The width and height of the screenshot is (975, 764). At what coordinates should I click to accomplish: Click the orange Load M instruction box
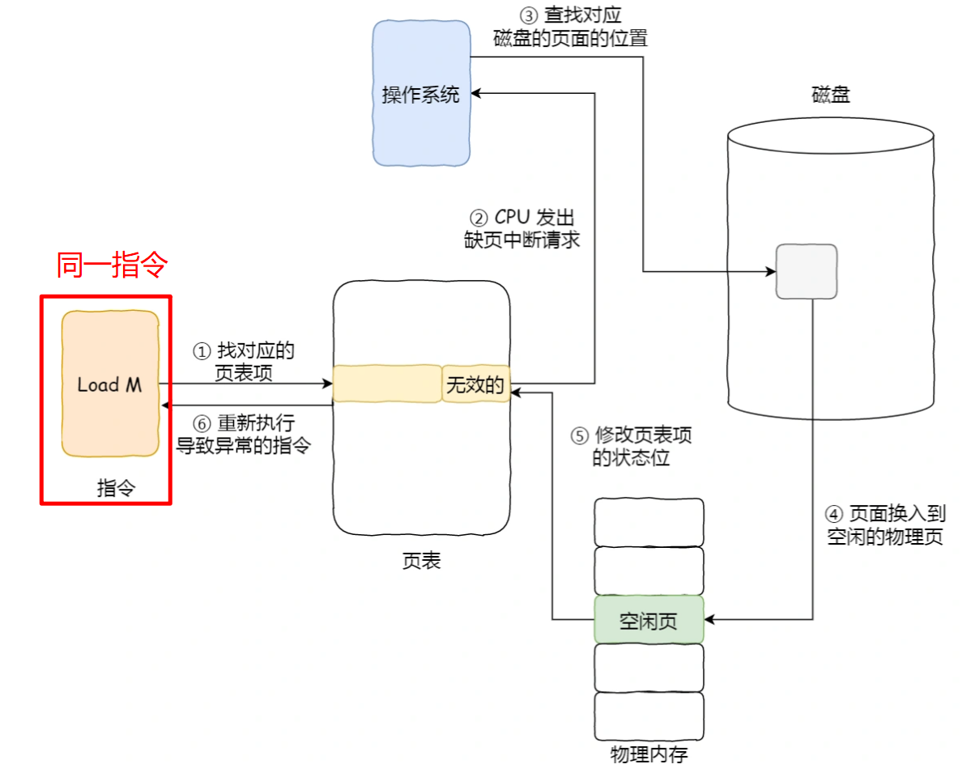pos(110,384)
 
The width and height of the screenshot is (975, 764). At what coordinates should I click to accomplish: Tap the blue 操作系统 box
pos(421,94)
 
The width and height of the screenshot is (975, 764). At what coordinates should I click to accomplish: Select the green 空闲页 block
pos(649,621)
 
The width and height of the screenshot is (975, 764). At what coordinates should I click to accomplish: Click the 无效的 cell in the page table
pos(475,385)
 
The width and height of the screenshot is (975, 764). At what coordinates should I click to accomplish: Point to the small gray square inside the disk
pos(806,270)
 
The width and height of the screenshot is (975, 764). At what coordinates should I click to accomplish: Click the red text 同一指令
pos(112,265)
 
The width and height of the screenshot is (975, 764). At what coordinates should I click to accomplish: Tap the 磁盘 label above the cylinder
pos(831,95)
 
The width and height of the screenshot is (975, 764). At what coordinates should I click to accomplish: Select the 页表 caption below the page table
pos(421,561)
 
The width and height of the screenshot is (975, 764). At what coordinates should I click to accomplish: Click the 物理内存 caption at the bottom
pos(649,754)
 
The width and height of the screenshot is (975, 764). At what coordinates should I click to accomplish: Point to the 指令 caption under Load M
pos(116,488)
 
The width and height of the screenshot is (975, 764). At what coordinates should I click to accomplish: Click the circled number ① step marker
pos(201,352)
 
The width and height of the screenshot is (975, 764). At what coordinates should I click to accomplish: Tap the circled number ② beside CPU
pos(479,219)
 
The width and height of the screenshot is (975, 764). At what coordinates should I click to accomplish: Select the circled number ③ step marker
pos(527,16)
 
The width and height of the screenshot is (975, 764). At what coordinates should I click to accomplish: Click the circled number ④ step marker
pos(834,514)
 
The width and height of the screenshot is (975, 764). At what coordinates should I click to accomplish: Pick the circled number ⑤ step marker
pos(579,436)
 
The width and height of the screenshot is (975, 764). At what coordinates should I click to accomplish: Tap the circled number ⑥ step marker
pos(201,423)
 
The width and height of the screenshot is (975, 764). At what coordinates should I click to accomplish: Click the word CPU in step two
pos(513,219)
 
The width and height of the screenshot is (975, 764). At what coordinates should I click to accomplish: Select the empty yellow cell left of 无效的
pos(387,385)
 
